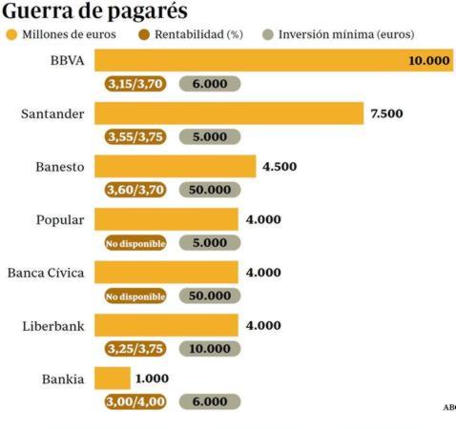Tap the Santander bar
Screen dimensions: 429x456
(x=230, y=113)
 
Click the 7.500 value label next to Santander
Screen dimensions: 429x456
(x=386, y=113)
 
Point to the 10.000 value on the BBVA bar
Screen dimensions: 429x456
(x=428, y=60)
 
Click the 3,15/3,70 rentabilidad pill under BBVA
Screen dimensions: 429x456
(x=135, y=84)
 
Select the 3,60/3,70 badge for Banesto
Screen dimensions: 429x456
(x=135, y=190)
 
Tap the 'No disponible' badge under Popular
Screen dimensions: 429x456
(x=135, y=243)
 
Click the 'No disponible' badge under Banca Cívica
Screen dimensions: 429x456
(x=135, y=296)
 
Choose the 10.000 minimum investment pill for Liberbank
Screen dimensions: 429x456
(x=210, y=349)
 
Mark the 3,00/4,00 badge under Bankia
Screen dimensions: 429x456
(x=135, y=401)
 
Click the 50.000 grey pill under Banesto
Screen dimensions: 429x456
(x=210, y=190)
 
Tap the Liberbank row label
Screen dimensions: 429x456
(x=53, y=326)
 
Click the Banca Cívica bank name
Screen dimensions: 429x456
(x=46, y=273)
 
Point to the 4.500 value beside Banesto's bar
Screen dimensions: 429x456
(x=280, y=167)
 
